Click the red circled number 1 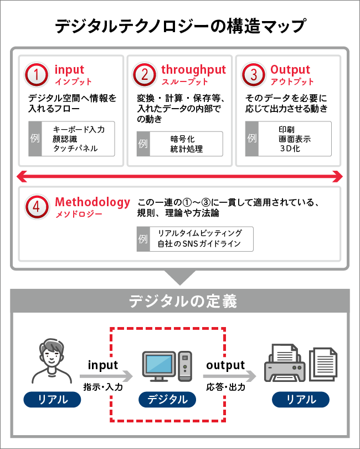pos(37,75)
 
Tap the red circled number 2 pos(144,75)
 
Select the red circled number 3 pos(254,75)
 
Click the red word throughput pos(193,70)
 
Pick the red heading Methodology pos(92,202)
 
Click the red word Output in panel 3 pos(290,70)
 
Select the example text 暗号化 pos(182,139)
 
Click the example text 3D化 pos(289,149)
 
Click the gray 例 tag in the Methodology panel pos(143,239)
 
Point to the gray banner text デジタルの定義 pos(183,301)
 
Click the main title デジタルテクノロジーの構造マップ pos(180,26)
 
